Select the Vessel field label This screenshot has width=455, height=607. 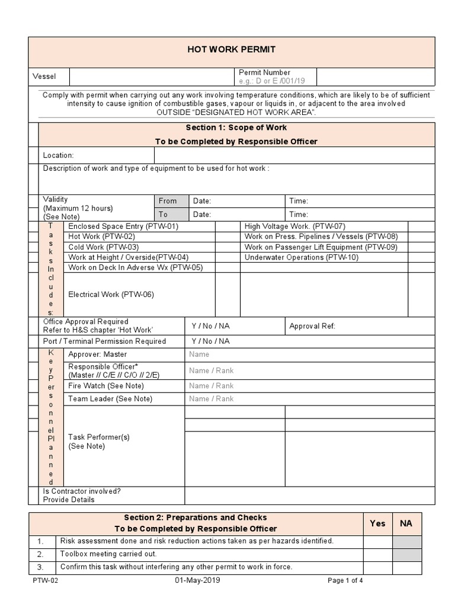coord(44,77)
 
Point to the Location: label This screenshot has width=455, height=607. coord(58,155)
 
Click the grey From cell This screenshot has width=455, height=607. coord(168,201)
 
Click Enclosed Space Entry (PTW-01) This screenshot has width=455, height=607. coord(123,226)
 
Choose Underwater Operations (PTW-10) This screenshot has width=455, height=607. coord(302,257)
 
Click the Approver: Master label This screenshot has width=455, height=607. coord(98,354)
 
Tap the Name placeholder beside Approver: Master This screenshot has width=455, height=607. coord(199,354)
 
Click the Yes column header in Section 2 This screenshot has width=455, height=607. coord(377,523)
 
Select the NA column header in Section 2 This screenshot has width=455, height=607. coord(406,523)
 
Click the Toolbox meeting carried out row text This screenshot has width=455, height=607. coord(108,554)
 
